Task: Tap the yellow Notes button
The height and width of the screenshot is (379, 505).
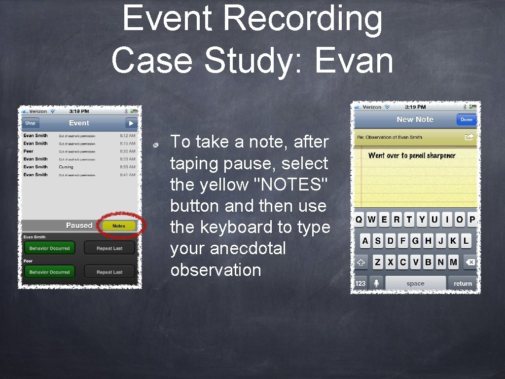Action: (119, 226)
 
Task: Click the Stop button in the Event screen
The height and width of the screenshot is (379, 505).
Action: (31, 123)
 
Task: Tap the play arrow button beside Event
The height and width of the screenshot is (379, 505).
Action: (131, 123)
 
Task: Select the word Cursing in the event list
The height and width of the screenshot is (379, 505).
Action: (66, 167)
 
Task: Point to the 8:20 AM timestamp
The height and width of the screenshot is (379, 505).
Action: (127, 152)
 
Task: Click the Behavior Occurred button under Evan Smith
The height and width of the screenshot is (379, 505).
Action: (49, 248)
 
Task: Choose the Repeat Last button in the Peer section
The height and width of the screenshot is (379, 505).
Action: (109, 272)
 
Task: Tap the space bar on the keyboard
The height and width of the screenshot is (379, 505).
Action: (415, 283)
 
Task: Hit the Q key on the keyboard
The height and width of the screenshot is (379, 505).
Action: (359, 220)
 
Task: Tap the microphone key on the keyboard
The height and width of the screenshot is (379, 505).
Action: (376, 283)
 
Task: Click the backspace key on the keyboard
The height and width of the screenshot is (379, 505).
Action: (470, 263)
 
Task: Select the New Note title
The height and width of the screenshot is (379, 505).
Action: (415, 119)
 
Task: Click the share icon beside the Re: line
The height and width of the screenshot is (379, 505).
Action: (469, 137)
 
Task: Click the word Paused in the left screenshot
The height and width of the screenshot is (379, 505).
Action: (79, 226)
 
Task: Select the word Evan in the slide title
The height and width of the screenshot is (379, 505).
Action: (354, 61)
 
